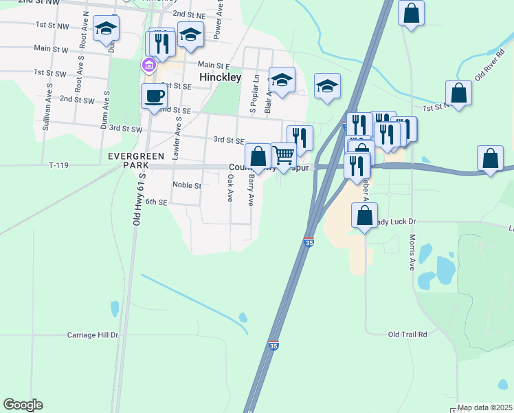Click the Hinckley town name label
pos(220,78)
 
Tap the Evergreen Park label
pos(136,161)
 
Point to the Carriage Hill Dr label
pos(93,335)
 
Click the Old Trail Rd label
pos(407,335)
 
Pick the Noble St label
pos(187,185)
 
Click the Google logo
pos(23,405)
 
